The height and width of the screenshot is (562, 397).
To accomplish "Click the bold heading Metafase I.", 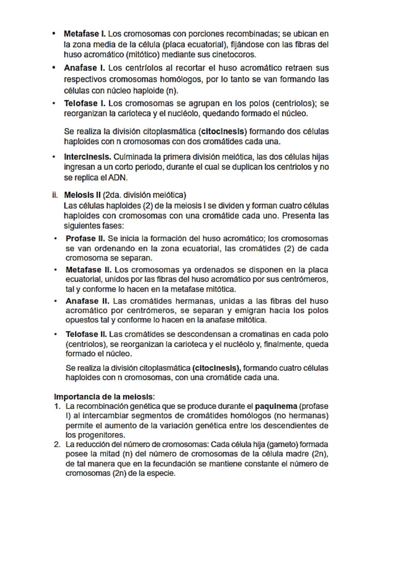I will point(84,34).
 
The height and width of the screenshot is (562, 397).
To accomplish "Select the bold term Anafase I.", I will point(84,68).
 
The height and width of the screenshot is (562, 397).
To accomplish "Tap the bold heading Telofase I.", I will point(84,103).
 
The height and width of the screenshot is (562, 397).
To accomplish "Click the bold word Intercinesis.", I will point(87,157).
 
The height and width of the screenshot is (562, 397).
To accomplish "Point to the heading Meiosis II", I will point(82,195).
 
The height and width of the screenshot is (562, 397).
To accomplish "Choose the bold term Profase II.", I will point(85,238).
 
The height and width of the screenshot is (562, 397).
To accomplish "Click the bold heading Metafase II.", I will point(88,270).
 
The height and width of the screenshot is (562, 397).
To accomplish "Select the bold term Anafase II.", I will point(87,301).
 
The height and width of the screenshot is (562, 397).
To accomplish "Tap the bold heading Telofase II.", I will point(86,334).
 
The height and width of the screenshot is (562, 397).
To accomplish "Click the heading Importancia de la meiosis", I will point(104,397).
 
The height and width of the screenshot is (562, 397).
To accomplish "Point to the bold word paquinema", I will point(276,406).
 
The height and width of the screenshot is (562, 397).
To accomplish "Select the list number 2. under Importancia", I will point(57,445).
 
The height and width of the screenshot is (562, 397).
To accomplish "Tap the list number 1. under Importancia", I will point(57,406).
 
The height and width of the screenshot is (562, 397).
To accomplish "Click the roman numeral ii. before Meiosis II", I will point(55,195).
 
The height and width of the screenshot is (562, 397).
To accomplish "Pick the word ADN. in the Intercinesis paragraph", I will point(118,178).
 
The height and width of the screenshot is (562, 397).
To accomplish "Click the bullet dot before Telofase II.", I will point(56,334).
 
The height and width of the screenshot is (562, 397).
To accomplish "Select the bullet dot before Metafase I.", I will point(54,34).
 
